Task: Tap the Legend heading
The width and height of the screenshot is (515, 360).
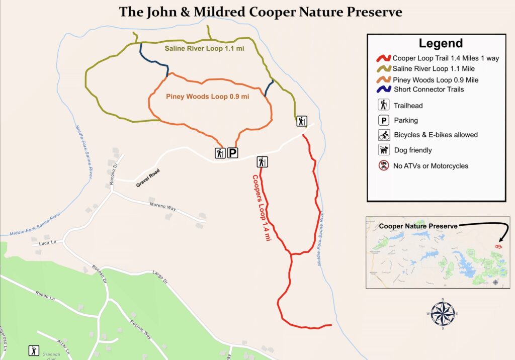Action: tap(441, 44)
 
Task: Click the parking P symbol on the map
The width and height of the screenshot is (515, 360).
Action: tap(233, 153)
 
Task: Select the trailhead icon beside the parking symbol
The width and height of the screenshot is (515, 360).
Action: tap(220, 153)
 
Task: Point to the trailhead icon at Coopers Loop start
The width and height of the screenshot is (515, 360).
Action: tap(262, 161)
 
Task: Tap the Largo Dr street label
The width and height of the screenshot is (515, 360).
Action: tap(159, 274)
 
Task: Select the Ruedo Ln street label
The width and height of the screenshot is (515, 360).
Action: tap(45, 296)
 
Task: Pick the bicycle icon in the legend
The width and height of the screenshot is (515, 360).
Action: tap(384, 135)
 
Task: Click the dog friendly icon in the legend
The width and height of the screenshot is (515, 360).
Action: tap(384, 150)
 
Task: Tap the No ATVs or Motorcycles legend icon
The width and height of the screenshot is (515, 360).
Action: tap(384, 165)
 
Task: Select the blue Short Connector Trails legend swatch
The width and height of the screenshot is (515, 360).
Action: tap(384, 89)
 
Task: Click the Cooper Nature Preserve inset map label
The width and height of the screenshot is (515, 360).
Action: tap(418, 226)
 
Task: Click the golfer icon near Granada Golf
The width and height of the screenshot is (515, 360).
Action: tap(34, 350)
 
